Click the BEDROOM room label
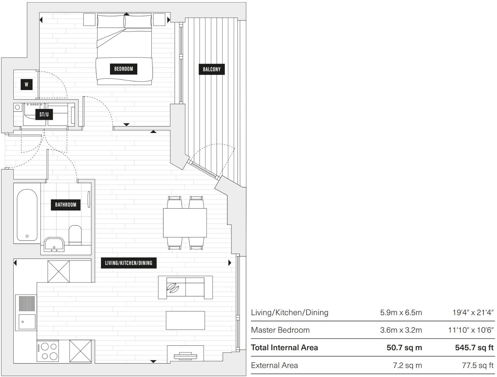pos(123,69)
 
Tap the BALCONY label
pos(212,69)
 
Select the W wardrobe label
pos(26,84)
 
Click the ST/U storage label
pos(44,115)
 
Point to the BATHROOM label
pos(66,205)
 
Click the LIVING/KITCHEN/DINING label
pos(129,263)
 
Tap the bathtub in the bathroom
pos(27,215)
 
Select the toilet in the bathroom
pos(75,235)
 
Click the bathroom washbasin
pos(54,244)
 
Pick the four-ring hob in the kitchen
pos(48,351)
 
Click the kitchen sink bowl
pos(27,322)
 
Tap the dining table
pos(185,223)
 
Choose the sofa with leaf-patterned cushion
pos(185,287)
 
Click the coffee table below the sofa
pos(185,320)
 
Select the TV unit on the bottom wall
pos(185,354)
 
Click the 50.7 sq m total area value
pos(404,347)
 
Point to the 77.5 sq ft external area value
pos(477,366)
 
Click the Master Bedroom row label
pos(280,330)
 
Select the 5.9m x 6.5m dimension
pos(401,312)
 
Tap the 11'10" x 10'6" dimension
pos(471,330)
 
